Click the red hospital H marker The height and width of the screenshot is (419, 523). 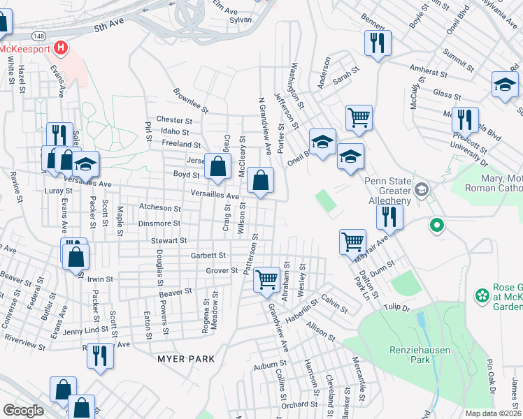pyautogui.click(x=62, y=48)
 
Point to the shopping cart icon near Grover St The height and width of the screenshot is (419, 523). pyautogui.click(x=266, y=279)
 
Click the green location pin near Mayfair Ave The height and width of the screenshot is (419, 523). pyautogui.click(x=437, y=226)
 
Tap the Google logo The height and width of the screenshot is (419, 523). pyautogui.click(x=23, y=411)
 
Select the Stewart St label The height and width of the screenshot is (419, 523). pyautogui.click(x=169, y=240)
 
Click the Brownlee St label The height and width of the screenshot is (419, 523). pyautogui.click(x=191, y=101)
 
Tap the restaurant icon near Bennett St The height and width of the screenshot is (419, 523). pyautogui.click(x=377, y=43)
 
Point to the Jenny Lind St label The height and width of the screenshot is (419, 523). pyautogui.click(x=88, y=329)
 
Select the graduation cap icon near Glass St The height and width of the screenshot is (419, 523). pyautogui.click(x=504, y=84)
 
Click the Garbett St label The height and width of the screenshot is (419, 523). pyautogui.click(x=208, y=256)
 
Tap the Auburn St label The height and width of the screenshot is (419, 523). pyautogui.click(x=271, y=364)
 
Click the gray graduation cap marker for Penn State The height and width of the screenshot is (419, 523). pyautogui.click(x=422, y=189)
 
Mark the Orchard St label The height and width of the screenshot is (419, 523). pyautogui.click(x=300, y=404)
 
